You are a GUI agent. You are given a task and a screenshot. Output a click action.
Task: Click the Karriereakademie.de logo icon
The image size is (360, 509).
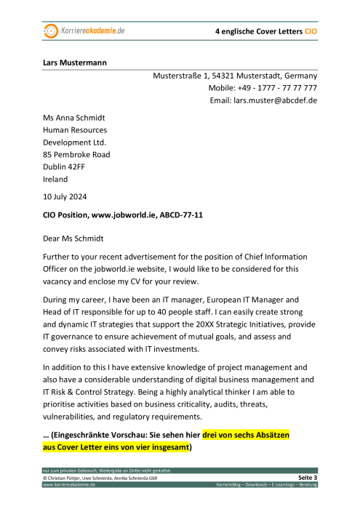point(51,31)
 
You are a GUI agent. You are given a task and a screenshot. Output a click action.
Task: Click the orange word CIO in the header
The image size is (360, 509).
point(311,33)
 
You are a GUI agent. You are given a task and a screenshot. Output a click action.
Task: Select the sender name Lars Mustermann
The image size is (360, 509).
point(74,63)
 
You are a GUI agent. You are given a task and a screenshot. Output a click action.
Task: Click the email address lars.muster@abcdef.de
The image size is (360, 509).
point(275,100)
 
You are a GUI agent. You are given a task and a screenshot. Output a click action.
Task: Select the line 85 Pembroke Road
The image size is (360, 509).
point(76,155)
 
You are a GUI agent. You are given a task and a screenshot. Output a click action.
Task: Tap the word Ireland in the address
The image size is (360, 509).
point(55,180)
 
